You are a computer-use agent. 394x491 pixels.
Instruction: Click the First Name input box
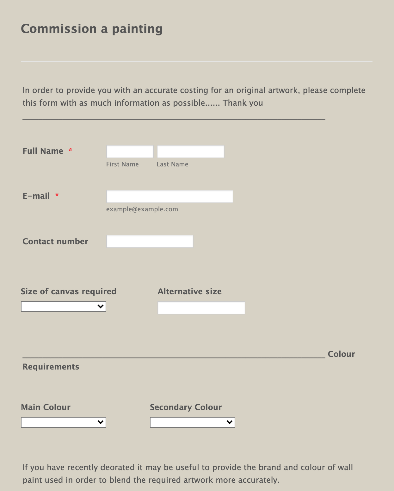coord(130,152)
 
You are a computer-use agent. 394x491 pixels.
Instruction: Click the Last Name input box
coord(190,152)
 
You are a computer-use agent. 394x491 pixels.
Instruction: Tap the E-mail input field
coord(169,196)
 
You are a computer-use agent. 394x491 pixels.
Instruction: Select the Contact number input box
coord(150,241)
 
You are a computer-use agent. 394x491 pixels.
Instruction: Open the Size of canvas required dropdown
coord(64,307)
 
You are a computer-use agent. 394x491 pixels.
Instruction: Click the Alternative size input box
coord(201,308)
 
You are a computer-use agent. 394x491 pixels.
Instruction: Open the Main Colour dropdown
coord(64,422)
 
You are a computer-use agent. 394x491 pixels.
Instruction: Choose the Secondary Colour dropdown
coord(192,422)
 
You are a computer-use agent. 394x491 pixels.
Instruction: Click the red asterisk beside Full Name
coord(71,150)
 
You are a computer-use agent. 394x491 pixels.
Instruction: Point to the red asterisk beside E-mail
coord(57,195)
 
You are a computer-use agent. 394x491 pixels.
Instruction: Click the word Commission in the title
coord(59,29)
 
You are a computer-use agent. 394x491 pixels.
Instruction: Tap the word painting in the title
coord(137,29)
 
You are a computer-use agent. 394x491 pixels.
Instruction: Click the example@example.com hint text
coord(142,209)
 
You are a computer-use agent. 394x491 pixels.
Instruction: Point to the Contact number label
coord(55,241)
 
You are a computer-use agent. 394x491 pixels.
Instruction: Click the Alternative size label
coord(189,291)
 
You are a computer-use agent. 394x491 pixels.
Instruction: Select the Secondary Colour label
coord(186,407)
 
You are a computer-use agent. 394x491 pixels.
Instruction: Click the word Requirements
coord(51,367)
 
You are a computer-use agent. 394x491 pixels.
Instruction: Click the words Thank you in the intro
coord(243,103)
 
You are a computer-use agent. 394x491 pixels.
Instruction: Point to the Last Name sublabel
coord(172,164)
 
